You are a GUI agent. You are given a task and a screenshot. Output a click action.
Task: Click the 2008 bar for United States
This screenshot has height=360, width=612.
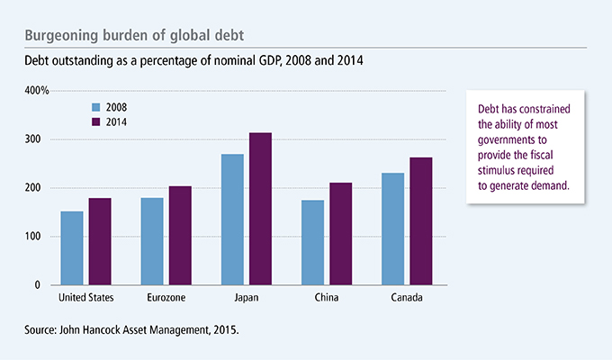(x=73, y=248)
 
